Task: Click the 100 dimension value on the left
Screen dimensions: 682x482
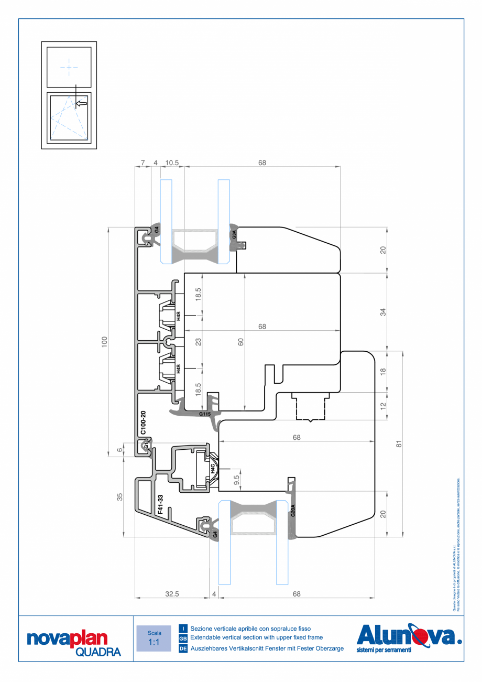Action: (x=104, y=342)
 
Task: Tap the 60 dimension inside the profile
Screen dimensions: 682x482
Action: (x=241, y=342)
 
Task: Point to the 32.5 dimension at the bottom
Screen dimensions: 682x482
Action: (x=172, y=594)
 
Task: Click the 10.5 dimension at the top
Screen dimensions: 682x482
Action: (x=172, y=163)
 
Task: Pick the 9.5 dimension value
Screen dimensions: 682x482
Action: (x=237, y=479)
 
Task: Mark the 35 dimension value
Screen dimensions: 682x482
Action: (x=120, y=496)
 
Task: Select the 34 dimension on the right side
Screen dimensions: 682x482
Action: (x=383, y=311)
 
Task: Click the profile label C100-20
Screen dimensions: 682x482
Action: (x=143, y=424)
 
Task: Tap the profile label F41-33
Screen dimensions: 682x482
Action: (x=160, y=504)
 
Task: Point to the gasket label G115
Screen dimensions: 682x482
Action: (x=205, y=414)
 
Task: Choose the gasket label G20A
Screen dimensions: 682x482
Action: (x=293, y=511)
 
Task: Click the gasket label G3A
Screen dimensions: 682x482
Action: (x=234, y=235)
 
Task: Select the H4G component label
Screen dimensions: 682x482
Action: (x=213, y=468)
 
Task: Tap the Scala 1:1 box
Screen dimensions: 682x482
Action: (x=154, y=638)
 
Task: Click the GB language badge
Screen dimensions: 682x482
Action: (x=183, y=638)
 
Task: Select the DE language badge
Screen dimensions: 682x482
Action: (x=183, y=648)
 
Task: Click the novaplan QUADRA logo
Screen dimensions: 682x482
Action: (x=74, y=644)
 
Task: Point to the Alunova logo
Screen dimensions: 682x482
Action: (x=409, y=637)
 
